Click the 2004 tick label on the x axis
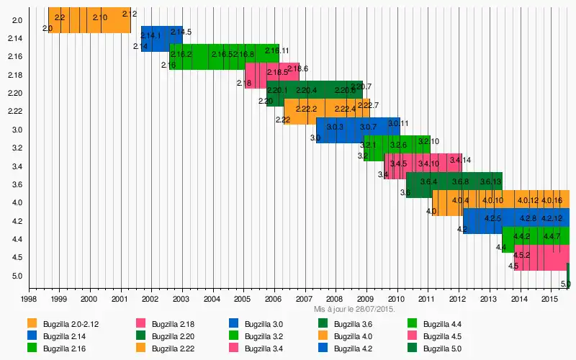212,298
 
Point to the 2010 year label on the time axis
396,298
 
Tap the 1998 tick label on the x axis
28,298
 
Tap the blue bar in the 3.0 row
358,130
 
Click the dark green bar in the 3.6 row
454,185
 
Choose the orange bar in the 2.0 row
89,19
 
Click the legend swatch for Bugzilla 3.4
234,348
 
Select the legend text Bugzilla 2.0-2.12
70,324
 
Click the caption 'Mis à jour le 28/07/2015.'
354,308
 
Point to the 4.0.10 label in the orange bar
492,200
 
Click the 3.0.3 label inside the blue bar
335,127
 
